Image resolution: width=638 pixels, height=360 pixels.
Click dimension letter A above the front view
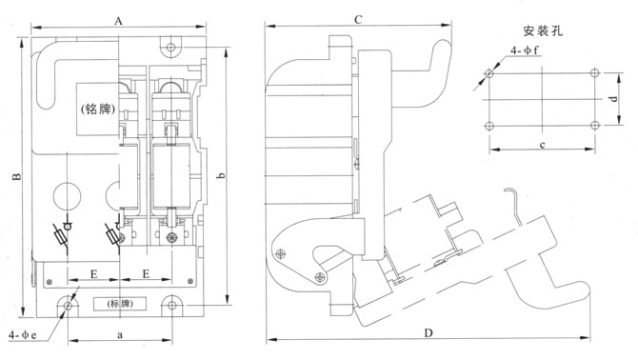coord(118,21)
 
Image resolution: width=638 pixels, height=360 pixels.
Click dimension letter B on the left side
coord(16,177)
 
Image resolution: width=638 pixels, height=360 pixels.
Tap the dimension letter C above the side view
coord(358,20)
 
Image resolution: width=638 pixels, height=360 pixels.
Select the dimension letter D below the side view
coord(429,333)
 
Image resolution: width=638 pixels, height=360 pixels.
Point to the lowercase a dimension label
coord(120,335)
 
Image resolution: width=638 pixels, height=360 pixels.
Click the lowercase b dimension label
coord(221,175)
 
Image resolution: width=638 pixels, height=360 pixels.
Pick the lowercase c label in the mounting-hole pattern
coord(542,145)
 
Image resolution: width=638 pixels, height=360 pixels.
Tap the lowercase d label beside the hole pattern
coord(614,98)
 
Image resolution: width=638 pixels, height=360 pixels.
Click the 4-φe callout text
coord(23,335)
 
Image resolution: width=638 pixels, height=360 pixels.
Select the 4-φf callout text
coord(525,50)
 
